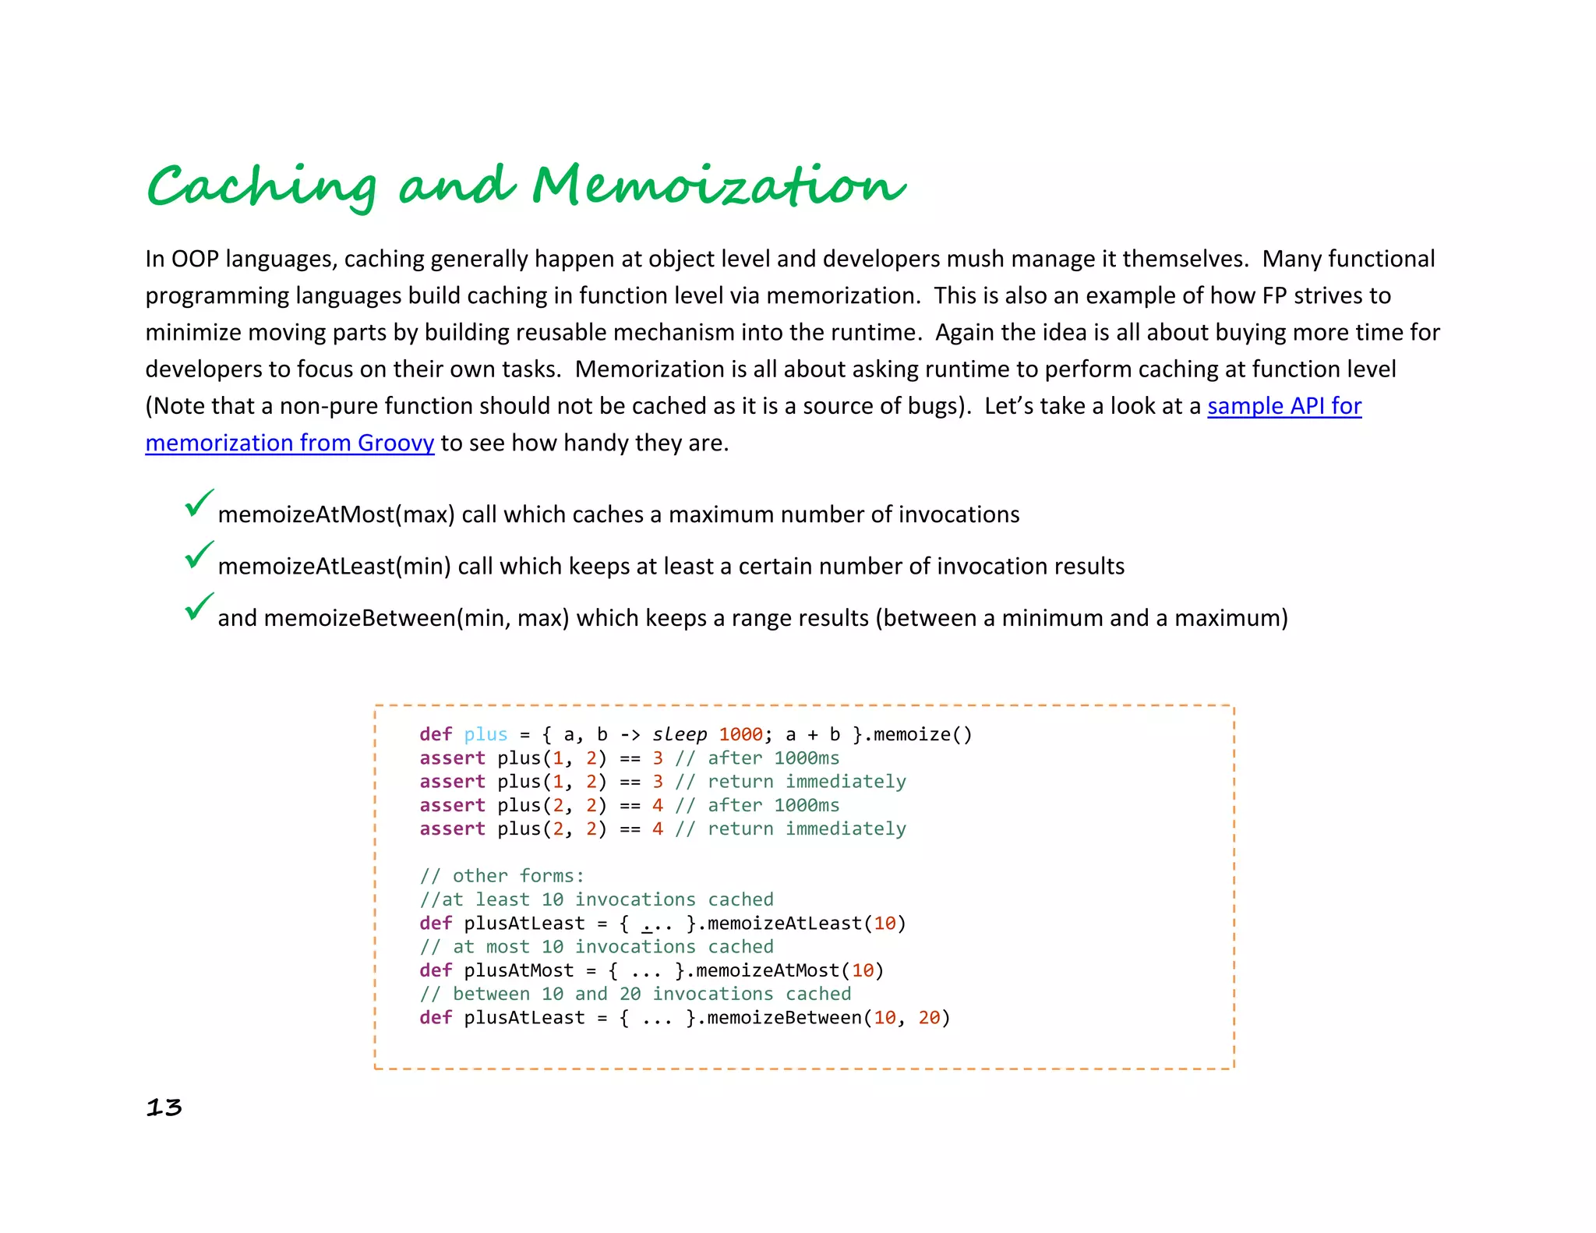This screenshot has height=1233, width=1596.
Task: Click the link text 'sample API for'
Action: [1284, 406]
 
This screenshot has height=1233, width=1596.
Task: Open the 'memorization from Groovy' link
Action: [289, 443]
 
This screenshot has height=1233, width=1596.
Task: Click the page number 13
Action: [164, 1108]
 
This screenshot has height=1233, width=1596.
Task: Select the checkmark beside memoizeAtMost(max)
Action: [199, 503]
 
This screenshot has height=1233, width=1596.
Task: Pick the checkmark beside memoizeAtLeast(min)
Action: [199, 555]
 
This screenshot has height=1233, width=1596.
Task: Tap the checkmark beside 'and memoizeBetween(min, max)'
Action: [199, 606]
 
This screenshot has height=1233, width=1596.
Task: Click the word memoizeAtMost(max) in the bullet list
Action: [336, 514]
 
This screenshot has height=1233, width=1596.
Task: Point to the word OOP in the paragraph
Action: [195, 259]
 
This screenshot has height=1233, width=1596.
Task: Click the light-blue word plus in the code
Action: [486, 734]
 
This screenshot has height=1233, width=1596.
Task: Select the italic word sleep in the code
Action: [680, 734]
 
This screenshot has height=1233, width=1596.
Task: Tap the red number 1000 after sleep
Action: [740, 734]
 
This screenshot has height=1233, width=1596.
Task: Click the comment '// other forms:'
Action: [502, 876]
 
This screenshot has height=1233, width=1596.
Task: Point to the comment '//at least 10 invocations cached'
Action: [596, 899]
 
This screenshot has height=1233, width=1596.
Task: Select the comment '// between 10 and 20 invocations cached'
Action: [635, 994]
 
